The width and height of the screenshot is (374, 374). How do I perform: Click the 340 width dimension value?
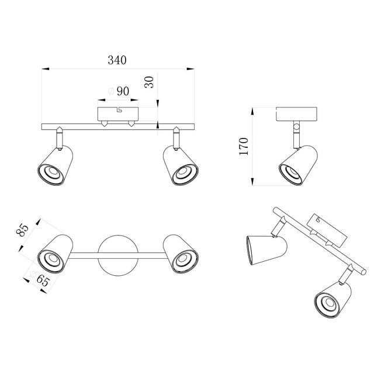(117, 60)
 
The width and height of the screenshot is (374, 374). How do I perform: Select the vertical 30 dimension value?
(150, 81)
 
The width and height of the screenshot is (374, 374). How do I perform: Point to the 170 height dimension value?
(244, 146)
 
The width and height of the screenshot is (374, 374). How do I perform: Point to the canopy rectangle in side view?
(296, 115)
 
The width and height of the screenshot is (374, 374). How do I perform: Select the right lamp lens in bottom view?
(185, 258)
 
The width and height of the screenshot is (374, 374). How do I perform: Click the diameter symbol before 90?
(111, 91)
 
